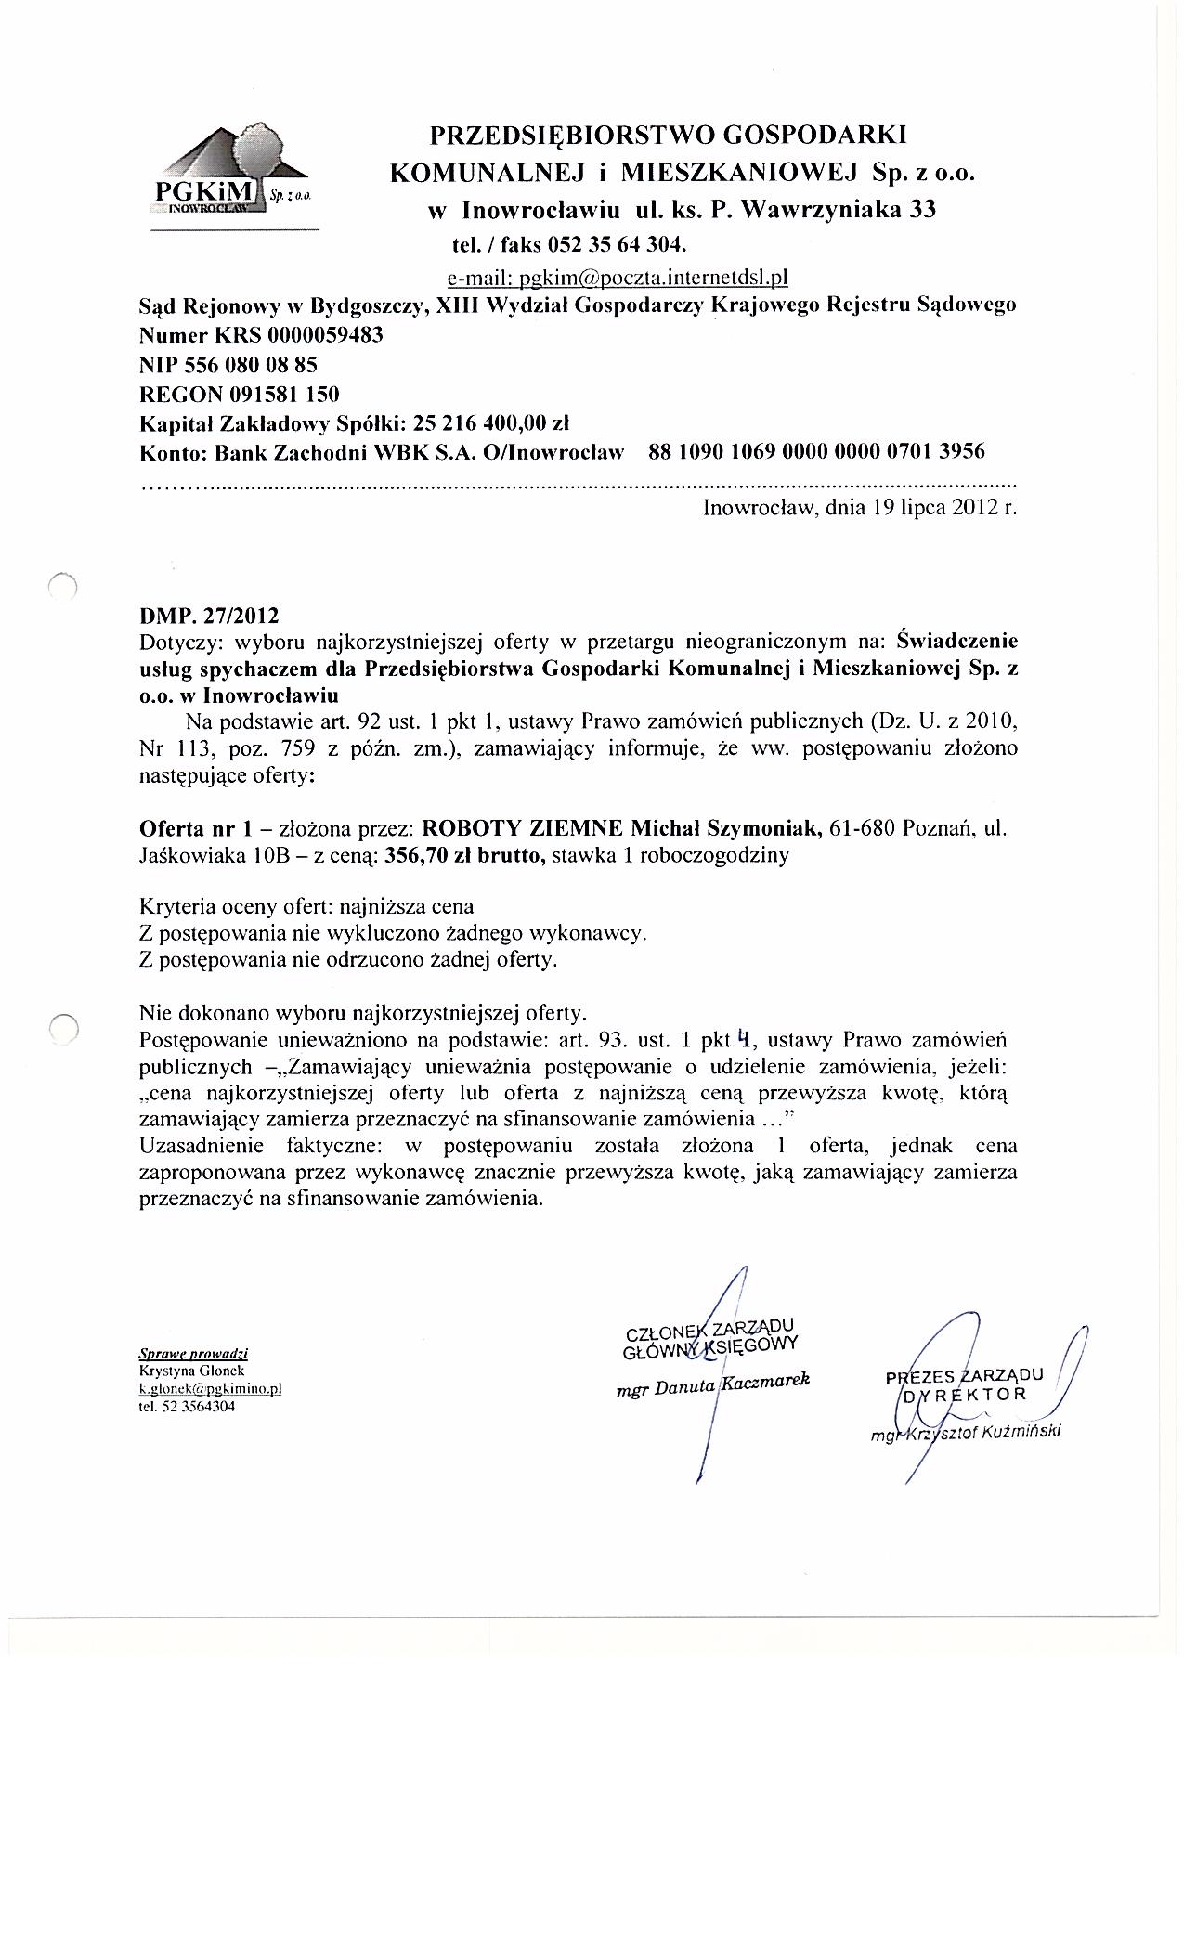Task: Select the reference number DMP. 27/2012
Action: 208,616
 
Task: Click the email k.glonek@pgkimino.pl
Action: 210,1387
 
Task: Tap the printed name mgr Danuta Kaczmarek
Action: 713,1383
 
